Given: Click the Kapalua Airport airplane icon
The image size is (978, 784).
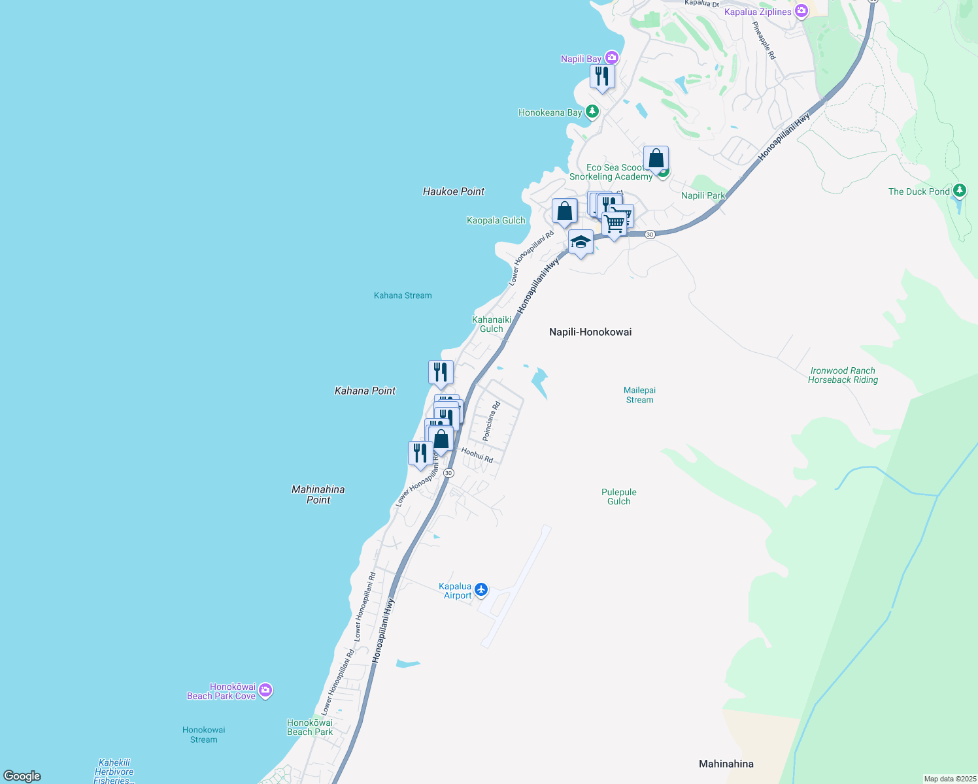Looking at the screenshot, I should tap(481, 590).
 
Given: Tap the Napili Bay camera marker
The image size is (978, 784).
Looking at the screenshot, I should tap(611, 58).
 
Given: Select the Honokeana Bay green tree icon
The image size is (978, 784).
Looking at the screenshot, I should tap(592, 112).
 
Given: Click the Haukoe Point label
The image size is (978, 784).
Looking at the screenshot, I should tap(454, 191).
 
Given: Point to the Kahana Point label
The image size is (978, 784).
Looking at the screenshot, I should tap(365, 391).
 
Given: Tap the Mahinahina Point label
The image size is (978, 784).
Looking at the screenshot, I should tap(318, 495).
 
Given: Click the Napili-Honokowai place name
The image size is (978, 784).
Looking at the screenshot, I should tap(590, 332).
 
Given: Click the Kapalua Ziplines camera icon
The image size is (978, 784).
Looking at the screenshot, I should tap(801, 12).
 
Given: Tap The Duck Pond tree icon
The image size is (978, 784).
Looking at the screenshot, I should tap(959, 191).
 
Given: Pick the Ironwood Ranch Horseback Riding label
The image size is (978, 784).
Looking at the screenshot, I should tap(843, 375).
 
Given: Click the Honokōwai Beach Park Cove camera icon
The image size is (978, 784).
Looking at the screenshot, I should tap(265, 691).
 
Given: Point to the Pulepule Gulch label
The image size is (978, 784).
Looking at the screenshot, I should tap(618, 497).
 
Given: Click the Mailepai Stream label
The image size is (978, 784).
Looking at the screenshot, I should tap(639, 395).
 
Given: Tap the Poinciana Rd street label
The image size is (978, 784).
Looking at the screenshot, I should tap(491, 421).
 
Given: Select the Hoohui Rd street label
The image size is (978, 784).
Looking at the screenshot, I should tap(477, 455).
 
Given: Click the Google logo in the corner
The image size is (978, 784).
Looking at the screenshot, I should tap(22, 776).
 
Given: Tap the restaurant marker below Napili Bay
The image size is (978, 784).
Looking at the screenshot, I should tap(602, 76).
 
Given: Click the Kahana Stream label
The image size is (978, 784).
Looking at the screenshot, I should tap(403, 295).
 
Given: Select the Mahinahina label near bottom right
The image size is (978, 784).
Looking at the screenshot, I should tap(726, 764).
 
